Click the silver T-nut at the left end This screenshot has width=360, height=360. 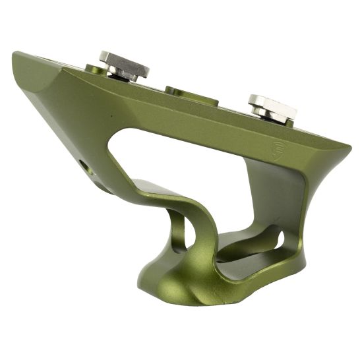click(124, 64)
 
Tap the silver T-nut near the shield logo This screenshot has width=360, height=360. click(272, 105)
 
